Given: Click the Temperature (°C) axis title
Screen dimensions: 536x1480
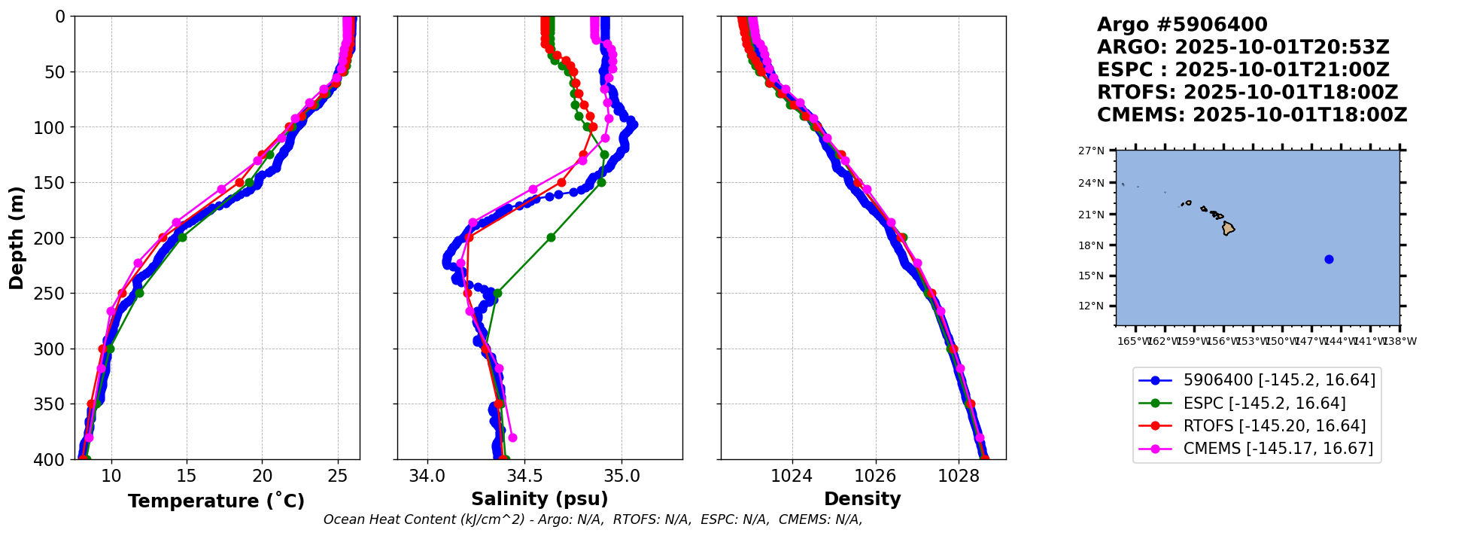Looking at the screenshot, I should (216, 501).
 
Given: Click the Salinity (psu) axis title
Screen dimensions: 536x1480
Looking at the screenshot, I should (539, 499).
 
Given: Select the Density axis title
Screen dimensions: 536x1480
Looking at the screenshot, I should (862, 499).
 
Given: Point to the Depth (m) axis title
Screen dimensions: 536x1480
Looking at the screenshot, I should (17, 238).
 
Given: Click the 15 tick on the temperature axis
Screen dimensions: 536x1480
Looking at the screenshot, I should (187, 476).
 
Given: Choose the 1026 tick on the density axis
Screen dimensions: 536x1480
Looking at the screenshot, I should (876, 476).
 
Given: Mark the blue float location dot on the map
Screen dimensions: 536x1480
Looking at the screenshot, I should (1329, 260).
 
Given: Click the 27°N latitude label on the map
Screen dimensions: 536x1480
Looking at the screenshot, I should (1091, 151).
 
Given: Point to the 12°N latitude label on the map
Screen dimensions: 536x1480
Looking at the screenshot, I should (1091, 306).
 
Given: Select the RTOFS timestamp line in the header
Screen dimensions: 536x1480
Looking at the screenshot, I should (1247, 93).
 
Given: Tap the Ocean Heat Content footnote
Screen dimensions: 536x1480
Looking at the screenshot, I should (592, 519).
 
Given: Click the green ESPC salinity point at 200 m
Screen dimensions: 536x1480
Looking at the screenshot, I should (551, 238).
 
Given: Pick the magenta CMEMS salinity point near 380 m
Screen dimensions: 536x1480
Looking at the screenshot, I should (512, 437).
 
